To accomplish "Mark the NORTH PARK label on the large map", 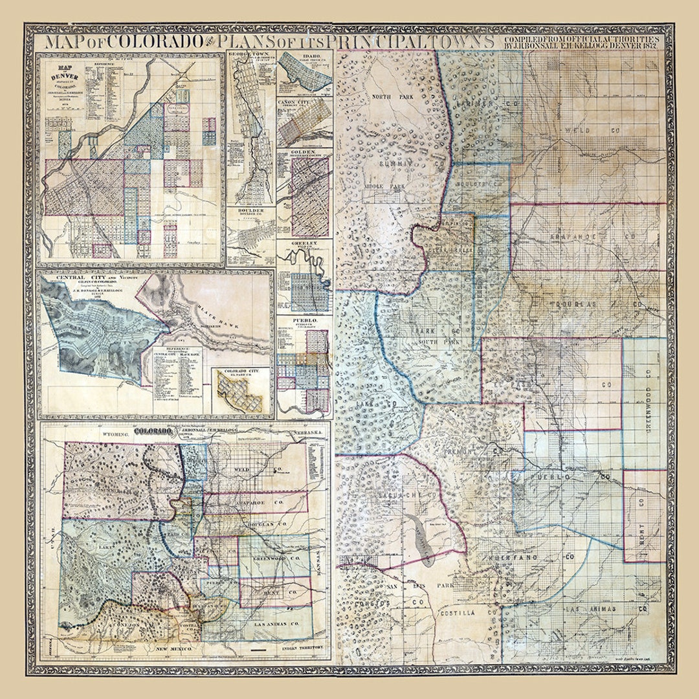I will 388,96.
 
